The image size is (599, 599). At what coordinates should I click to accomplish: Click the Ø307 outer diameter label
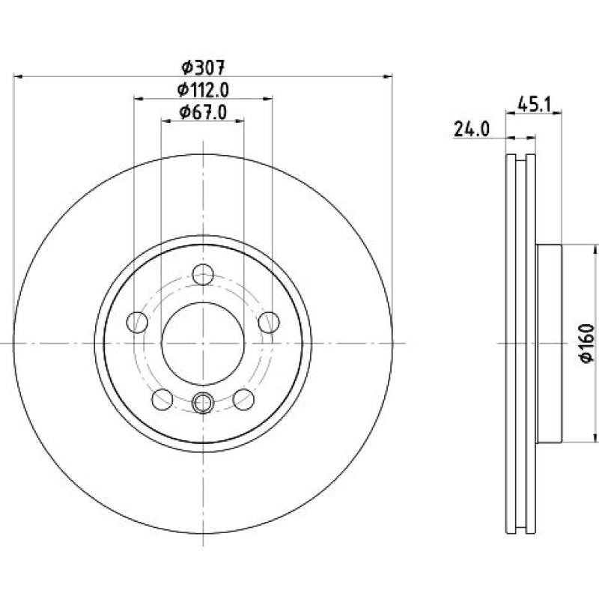pyautogui.click(x=203, y=67)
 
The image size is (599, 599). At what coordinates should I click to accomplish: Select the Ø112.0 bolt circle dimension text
pyautogui.click(x=203, y=90)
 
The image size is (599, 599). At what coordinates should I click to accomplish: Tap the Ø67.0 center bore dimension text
pyautogui.click(x=203, y=112)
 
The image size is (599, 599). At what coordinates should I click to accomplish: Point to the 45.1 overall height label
pyautogui.click(x=535, y=105)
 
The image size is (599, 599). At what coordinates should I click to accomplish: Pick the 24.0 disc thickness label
pyautogui.click(x=472, y=130)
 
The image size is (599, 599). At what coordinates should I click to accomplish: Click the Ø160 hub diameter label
pyautogui.click(x=587, y=344)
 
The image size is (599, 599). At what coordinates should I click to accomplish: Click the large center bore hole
pyautogui.click(x=203, y=344)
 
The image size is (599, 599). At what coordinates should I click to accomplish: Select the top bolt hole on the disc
pyautogui.click(x=203, y=274)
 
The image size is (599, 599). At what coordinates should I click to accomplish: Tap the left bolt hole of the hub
pyautogui.click(x=137, y=322)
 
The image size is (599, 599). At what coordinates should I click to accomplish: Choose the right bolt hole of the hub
pyautogui.click(x=269, y=322)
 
